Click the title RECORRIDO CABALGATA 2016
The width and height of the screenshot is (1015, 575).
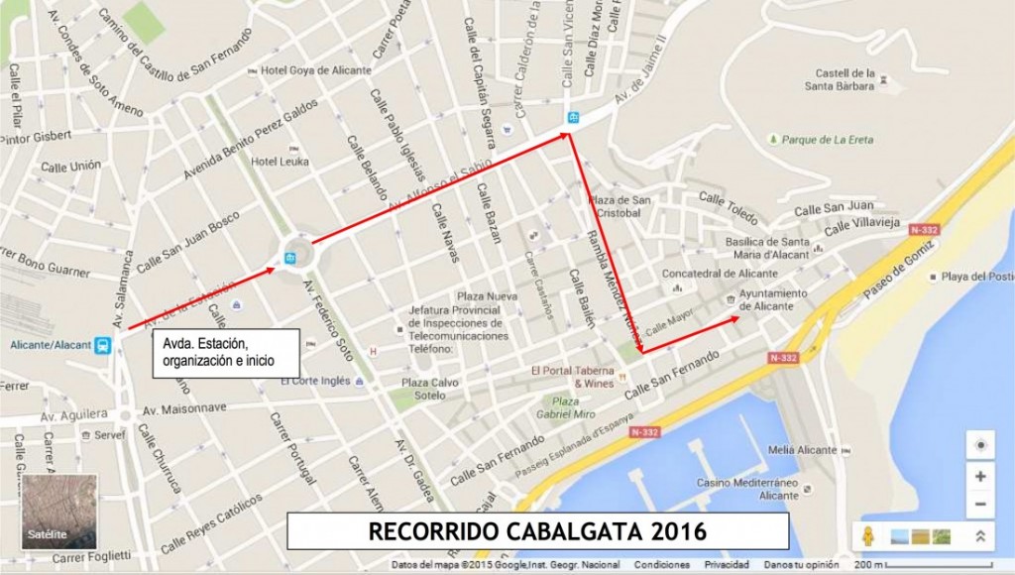[x=537, y=531]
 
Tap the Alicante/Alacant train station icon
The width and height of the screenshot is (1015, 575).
[x=103, y=345]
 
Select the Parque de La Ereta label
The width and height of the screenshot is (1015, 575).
[x=827, y=140]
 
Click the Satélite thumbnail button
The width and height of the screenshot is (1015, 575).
[x=59, y=512]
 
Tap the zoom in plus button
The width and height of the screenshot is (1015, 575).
[x=979, y=476]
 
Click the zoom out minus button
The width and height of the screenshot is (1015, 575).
[x=979, y=505]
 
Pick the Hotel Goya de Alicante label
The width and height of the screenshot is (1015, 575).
[x=316, y=70]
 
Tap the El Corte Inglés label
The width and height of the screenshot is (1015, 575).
[x=317, y=380]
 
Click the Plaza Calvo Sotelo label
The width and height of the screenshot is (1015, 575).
[x=429, y=389]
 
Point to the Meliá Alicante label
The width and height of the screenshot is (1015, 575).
[x=801, y=450]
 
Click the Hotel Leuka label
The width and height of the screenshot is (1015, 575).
[x=281, y=162]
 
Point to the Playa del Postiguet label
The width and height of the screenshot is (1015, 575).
[x=976, y=277]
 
